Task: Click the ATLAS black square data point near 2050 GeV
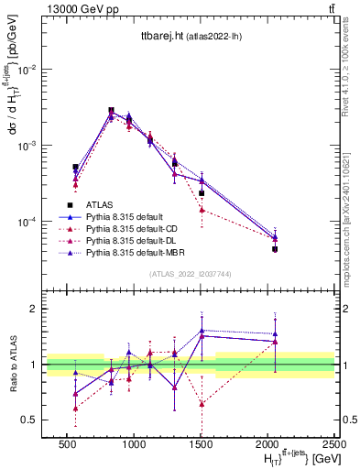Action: pos(275,249)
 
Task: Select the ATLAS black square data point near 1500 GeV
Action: pos(202,193)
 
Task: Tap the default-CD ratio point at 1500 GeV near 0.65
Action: pos(202,403)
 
